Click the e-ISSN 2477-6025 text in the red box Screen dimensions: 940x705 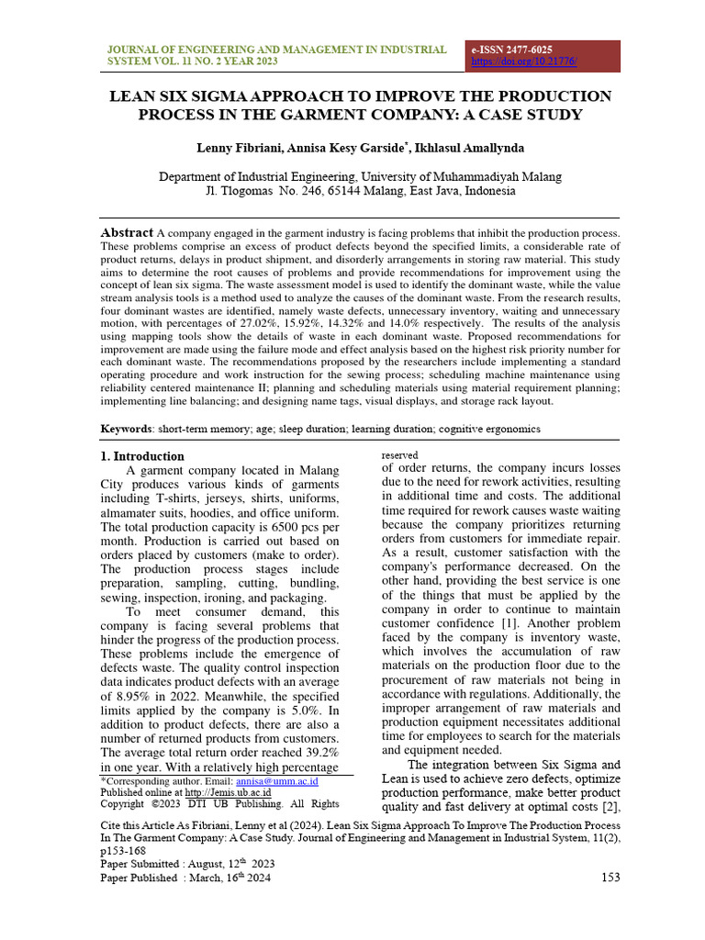pos(511,50)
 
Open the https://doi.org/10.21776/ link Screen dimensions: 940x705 pos(524,62)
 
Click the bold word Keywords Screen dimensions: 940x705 pos(126,430)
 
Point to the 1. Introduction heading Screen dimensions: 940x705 pos(141,456)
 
